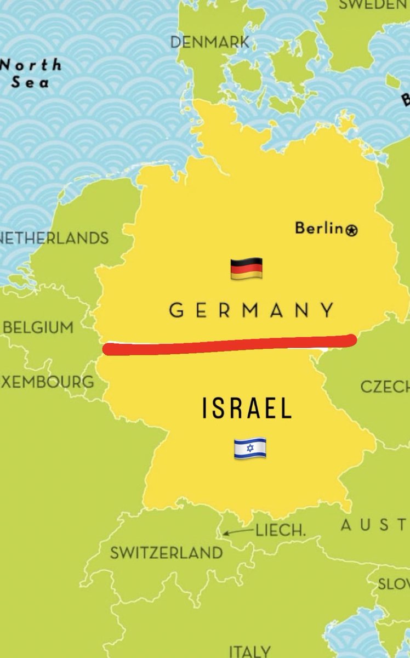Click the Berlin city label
[x=318, y=228]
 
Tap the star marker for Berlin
[x=352, y=230]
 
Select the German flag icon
[x=246, y=269]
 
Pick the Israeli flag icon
[x=250, y=448]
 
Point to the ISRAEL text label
[x=247, y=409]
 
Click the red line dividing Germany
[x=230, y=345]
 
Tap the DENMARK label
[x=210, y=42]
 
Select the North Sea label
[x=30, y=73]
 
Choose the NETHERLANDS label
[x=55, y=239]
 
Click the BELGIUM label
[x=38, y=328]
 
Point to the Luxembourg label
[x=47, y=382]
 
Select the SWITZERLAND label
[x=167, y=553]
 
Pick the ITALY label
[x=249, y=651]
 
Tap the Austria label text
[x=375, y=525]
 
